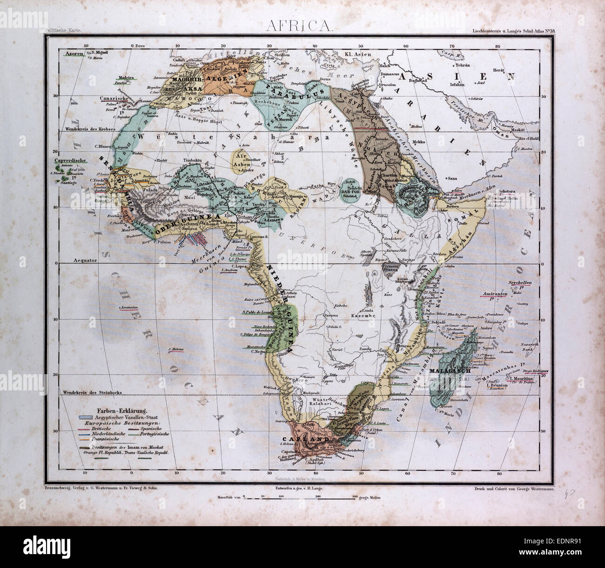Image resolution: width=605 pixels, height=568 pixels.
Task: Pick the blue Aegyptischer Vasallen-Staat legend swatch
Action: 86,417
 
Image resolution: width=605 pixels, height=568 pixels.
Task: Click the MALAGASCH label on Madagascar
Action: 448,371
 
